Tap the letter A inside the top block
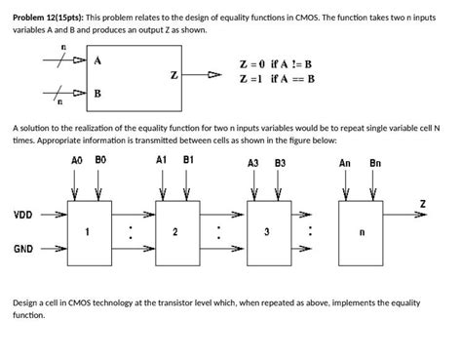[97, 60]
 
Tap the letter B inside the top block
[97, 94]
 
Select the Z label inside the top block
[173, 74]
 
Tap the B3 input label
[280, 162]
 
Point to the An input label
[345, 162]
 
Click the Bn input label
[375, 162]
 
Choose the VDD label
[22, 214]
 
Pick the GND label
[22, 249]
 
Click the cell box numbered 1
[88, 231]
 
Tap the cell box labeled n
[361, 232]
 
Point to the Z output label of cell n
[422, 202]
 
